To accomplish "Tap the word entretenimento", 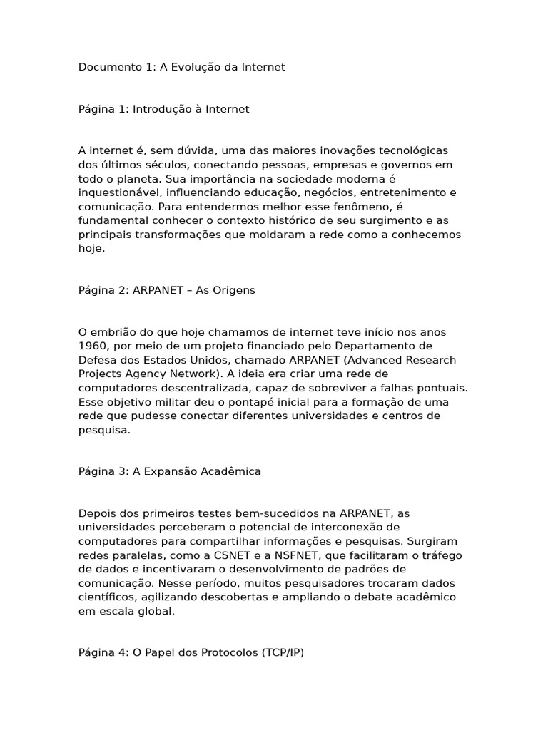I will [x=415, y=192].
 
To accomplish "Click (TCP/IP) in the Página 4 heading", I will [x=283, y=652].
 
